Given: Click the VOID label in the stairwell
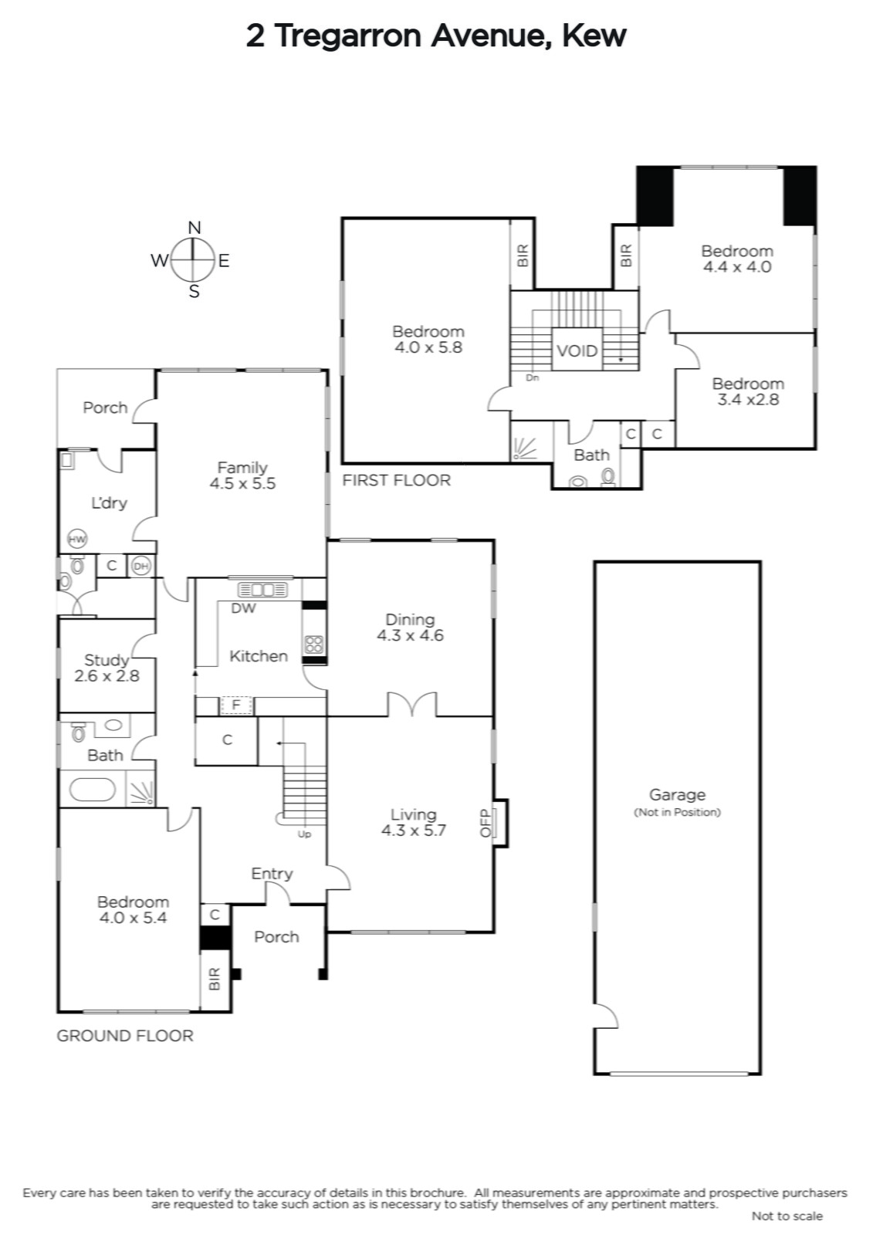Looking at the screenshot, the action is click(577, 350).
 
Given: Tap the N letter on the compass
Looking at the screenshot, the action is click(194, 228).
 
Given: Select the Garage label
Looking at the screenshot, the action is click(677, 794).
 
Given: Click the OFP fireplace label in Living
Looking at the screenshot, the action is click(486, 823).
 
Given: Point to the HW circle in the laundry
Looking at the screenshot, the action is click(77, 539).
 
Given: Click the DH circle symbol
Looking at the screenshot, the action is click(141, 567).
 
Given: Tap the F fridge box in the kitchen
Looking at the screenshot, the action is click(237, 705).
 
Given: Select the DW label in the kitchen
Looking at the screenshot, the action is click(243, 608).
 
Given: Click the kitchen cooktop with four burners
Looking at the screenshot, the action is click(314, 645).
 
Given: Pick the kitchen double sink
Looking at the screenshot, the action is click(262, 590).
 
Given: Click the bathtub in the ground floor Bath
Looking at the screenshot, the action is click(92, 790).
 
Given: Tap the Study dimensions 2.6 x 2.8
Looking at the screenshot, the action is click(107, 676).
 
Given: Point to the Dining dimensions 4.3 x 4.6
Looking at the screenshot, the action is click(410, 635).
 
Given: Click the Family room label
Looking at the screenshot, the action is click(242, 468).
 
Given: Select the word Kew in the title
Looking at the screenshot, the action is click(594, 36).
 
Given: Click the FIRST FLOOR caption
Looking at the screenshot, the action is click(396, 480).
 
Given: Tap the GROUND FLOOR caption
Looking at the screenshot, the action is click(125, 1036).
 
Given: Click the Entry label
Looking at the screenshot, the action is click(272, 874).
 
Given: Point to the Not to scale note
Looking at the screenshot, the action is click(787, 1215).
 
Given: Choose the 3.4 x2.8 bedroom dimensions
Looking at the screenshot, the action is click(748, 399).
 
